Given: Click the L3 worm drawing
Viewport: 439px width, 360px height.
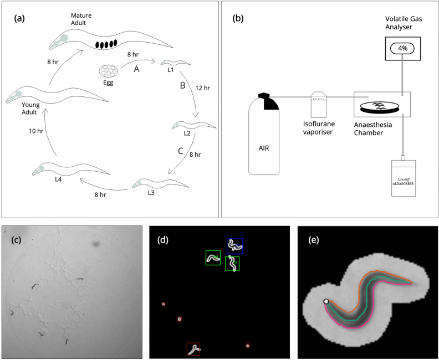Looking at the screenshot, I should (x=150, y=183).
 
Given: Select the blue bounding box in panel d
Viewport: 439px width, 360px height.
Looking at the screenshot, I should (x=235, y=246).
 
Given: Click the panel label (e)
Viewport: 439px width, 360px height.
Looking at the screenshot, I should (x=315, y=240).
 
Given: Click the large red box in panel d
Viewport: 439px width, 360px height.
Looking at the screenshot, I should (x=193, y=349).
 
